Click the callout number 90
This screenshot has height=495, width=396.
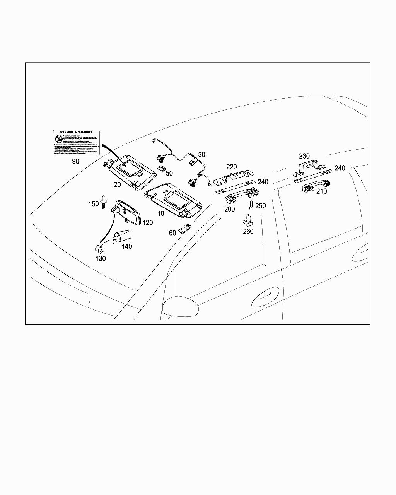pos(75,161)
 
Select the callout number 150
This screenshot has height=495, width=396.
pos(94,204)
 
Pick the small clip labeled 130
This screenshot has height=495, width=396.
pos(99,247)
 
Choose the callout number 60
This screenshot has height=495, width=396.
pos(172,232)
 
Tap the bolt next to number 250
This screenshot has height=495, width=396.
pos(251,206)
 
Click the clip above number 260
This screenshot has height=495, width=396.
pos(247,220)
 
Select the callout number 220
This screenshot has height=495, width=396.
pos(231,167)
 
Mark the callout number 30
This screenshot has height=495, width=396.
pos(201,155)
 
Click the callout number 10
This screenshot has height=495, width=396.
pos(160,213)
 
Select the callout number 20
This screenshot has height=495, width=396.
pos(117,184)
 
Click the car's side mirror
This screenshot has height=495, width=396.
pos(181,306)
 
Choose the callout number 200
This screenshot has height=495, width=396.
pos(229,209)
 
